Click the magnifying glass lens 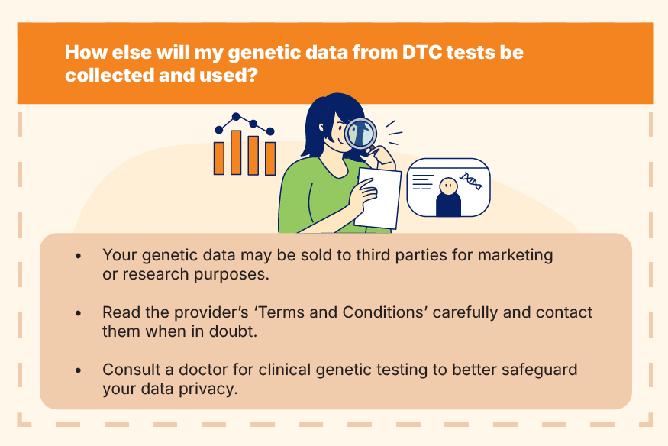click(360, 133)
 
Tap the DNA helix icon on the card click(471, 181)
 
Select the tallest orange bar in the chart click(236, 153)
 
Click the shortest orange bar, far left click(219, 158)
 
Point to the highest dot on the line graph click(236, 116)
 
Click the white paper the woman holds click(378, 198)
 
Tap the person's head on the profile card click(448, 186)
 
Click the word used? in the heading click(229, 75)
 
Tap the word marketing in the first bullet click(515, 256)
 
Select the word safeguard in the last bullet click(539, 370)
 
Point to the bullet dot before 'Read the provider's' click(78, 313)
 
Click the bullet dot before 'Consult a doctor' click(78, 370)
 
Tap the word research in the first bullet click(156, 274)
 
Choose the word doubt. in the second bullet click(233, 331)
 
